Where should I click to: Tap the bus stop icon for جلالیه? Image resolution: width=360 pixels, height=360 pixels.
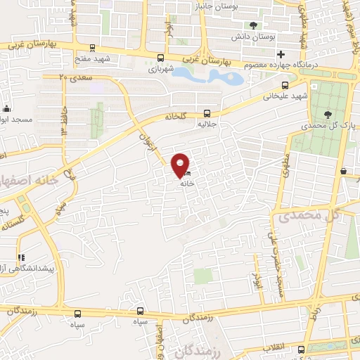pyautogui.click(x=207, y=112)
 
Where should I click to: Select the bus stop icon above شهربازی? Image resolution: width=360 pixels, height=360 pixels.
pyautogui.click(x=161, y=58)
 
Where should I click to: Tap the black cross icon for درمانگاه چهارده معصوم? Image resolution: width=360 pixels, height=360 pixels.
pyautogui.click(x=281, y=54)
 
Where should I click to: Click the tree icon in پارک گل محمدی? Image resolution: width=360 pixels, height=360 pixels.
pyautogui.click(x=328, y=114)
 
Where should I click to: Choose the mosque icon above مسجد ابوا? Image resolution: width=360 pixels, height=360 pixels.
pyautogui.click(x=7, y=108)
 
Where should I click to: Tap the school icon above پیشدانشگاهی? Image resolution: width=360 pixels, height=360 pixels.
pyautogui.click(x=20, y=258)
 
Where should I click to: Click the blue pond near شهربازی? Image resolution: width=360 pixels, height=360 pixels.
pyautogui.click(x=207, y=75)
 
